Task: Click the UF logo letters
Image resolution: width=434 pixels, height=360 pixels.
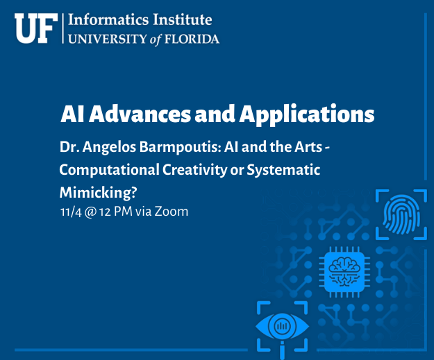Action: tap(36, 28)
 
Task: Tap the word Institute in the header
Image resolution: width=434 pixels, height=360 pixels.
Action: tap(183, 19)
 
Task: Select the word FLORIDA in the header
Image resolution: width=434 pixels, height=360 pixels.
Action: tap(192, 39)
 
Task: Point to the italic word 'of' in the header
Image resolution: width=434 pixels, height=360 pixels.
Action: tap(156, 40)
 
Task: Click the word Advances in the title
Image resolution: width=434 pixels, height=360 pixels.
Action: tap(140, 114)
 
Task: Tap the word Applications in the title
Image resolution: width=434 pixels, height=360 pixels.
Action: tap(307, 114)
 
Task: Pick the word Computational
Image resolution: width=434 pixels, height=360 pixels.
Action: tap(109, 170)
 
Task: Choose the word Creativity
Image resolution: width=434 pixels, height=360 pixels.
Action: tap(194, 170)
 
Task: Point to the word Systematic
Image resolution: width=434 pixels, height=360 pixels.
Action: tap(283, 170)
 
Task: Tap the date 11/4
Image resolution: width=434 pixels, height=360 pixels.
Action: tap(71, 212)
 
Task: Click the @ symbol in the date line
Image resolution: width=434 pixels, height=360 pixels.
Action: tap(90, 212)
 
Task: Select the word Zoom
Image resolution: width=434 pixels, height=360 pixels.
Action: tap(172, 212)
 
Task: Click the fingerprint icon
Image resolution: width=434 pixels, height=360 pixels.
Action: tap(401, 214)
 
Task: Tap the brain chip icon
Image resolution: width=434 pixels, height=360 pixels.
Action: tap(344, 272)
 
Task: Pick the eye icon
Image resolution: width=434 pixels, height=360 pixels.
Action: tap(283, 327)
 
